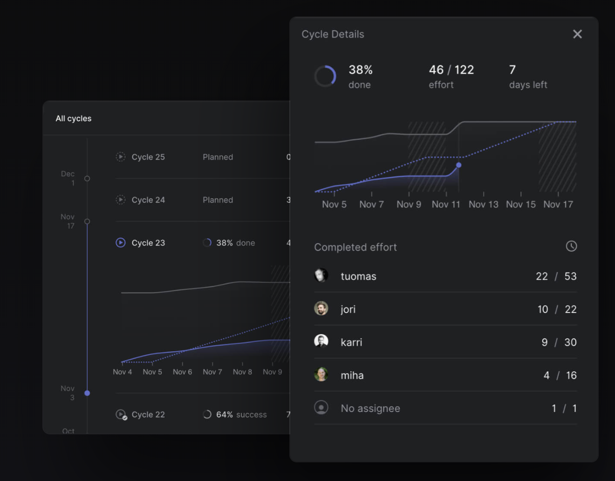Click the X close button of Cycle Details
click(x=577, y=34)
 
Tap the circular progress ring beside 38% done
click(x=325, y=76)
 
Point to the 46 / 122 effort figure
click(x=451, y=70)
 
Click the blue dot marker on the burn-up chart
click(x=458, y=165)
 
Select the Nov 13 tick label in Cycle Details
click(x=483, y=204)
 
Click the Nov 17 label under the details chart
click(x=558, y=204)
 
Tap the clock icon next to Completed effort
click(x=571, y=246)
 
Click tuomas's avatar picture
click(x=321, y=275)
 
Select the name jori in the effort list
click(x=348, y=309)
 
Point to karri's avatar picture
click(x=321, y=342)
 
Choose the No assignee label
click(x=370, y=409)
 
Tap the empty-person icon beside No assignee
click(x=321, y=408)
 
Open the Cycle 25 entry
click(x=148, y=157)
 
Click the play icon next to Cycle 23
click(x=121, y=243)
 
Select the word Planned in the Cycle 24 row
click(x=218, y=200)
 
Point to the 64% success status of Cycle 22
click(x=241, y=415)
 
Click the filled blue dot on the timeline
click(x=87, y=393)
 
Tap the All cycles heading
click(x=74, y=119)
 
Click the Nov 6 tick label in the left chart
click(x=182, y=372)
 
